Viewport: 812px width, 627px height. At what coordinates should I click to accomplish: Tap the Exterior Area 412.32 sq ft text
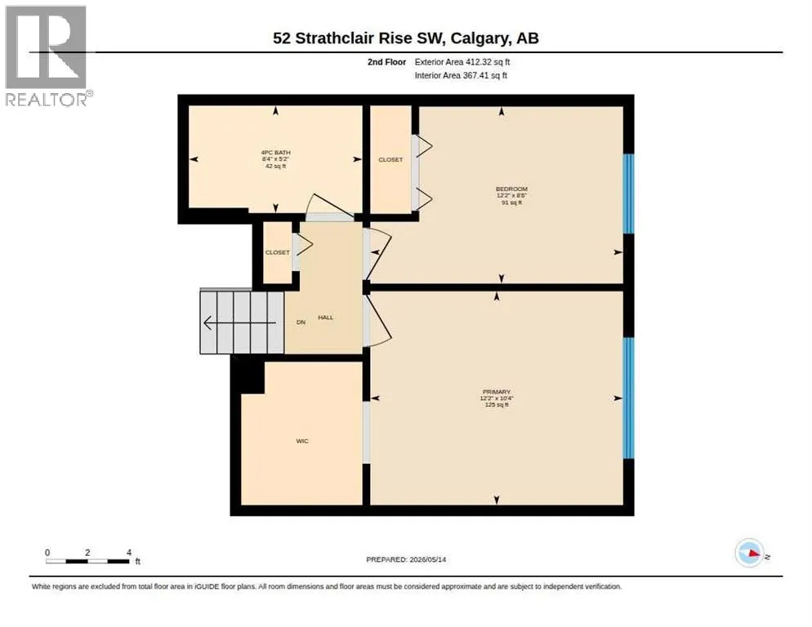pyautogui.click(x=462, y=62)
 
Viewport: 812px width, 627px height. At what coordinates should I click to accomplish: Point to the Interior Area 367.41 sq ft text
pyautogui.click(x=461, y=76)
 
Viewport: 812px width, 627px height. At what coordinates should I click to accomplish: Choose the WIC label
pyautogui.click(x=302, y=441)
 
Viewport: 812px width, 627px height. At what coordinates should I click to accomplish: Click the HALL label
pyautogui.click(x=326, y=318)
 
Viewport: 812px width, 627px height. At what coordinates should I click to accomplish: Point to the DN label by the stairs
pyautogui.click(x=301, y=322)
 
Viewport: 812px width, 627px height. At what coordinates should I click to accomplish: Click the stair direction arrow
pyautogui.click(x=240, y=322)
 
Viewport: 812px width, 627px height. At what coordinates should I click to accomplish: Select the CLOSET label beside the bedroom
pyautogui.click(x=390, y=159)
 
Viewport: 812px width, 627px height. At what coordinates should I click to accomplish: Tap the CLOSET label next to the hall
pyautogui.click(x=278, y=252)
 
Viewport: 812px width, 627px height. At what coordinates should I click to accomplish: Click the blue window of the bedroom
pyautogui.click(x=628, y=193)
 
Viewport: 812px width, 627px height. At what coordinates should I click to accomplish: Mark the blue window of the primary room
pyautogui.click(x=628, y=398)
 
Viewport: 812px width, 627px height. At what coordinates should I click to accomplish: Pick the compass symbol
pyautogui.click(x=750, y=553)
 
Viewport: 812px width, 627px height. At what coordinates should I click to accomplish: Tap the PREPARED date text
pyautogui.click(x=406, y=560)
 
